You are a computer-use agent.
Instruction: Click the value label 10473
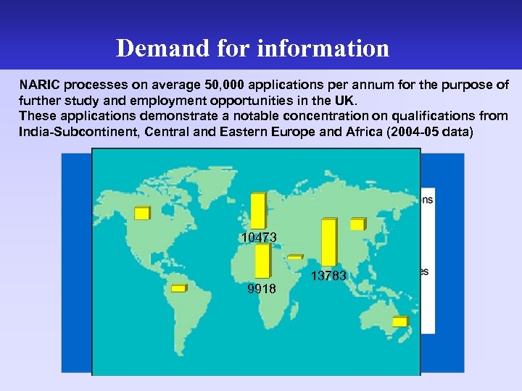tap(259, 237)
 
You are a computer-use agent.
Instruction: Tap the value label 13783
tap(329, 276)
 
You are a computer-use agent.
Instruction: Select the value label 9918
tap(261, 289)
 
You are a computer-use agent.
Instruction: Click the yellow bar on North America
tap(142, 213)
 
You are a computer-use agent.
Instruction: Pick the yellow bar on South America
tap(178, 287)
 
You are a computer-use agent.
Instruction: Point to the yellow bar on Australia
tap(400, 321)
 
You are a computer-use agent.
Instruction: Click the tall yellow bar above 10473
tap(258, 211)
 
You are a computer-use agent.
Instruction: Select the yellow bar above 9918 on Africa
tap(262, 261)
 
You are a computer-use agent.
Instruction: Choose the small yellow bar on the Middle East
tap(295, 256)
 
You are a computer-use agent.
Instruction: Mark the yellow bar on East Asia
tap(357, 224)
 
